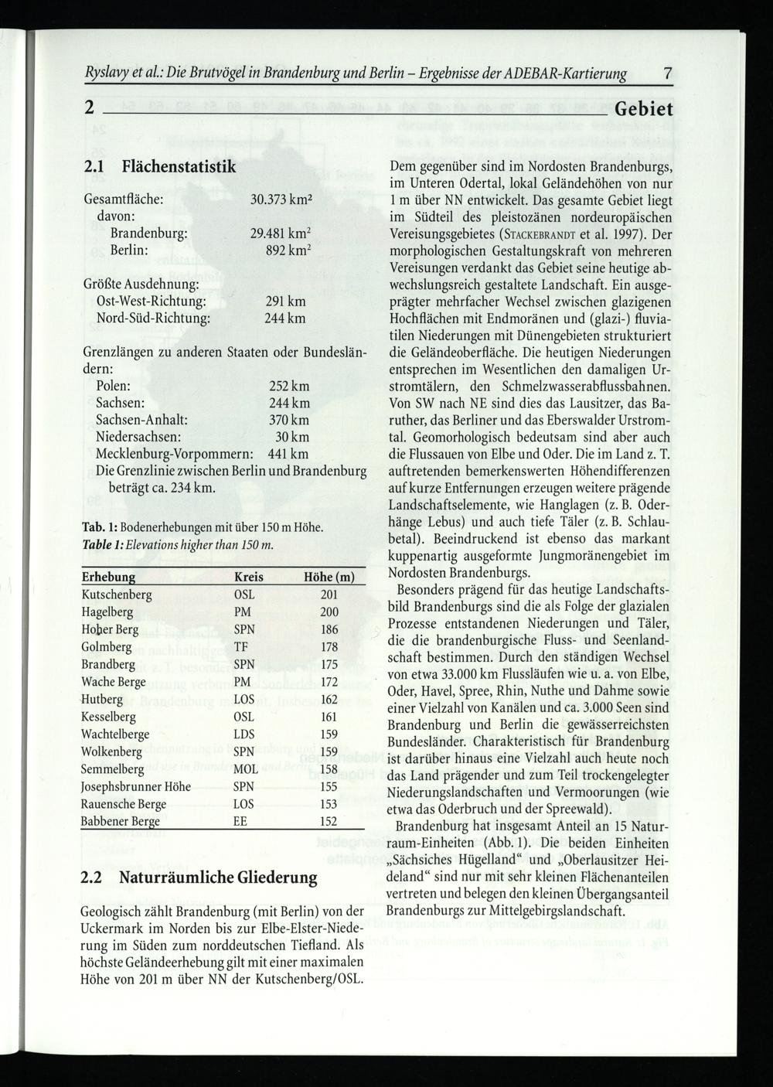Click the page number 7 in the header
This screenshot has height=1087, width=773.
click(668, 74)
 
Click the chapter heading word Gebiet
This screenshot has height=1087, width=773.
click(644, 108)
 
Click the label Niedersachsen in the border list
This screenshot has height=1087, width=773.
click(138, 437)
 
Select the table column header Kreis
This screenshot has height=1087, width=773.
click(248, 577)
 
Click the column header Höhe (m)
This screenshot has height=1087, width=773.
click(329, 577)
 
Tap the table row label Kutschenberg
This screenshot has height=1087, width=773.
click(117, 595)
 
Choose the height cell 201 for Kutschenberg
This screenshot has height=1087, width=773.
click(329, 595)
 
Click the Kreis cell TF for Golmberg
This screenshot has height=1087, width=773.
click(241, 647)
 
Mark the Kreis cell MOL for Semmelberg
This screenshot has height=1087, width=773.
click(246, 769)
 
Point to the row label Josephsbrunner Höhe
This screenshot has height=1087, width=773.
click(136, 786)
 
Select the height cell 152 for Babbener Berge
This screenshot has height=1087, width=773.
click(329, 821)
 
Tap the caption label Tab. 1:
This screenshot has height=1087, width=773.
click(100, 527)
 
